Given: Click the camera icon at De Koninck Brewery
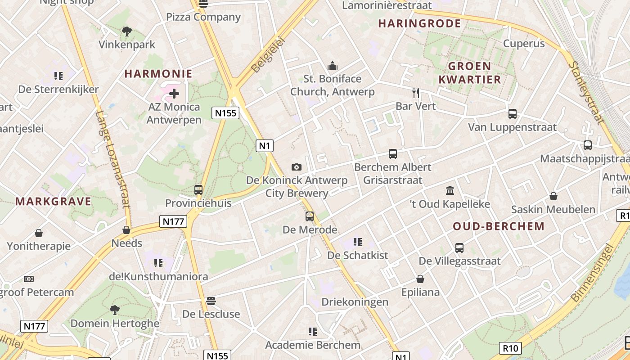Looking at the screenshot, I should [x=296, y=167].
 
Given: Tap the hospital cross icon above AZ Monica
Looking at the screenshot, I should [x=174, y=94].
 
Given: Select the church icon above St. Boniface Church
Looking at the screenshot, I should [x=333, y=66].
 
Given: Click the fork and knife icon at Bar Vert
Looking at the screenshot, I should [x=416, y=93].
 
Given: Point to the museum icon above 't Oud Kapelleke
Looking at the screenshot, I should [x=450, y=191].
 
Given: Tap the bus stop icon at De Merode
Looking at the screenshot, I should [x=310, y=216].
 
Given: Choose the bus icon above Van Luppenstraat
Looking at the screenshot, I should [x=512, y=114].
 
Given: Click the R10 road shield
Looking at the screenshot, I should [x=511, y=348].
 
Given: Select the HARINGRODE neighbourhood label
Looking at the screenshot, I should [x=419, y=24].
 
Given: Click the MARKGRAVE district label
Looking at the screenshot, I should [x=54, y=202].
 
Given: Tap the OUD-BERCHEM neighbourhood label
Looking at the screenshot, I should [x=499, y=226].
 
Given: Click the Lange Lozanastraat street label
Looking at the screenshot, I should [x=112, y=160].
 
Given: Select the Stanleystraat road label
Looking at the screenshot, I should [x=585, y=92].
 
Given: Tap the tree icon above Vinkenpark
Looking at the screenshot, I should [x=127, y=31].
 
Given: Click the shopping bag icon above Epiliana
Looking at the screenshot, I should [x=420, y=279].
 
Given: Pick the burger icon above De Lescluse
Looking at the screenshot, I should [x=211, y=301].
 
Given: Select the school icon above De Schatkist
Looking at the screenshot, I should [x=358, y=242].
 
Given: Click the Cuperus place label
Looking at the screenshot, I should [x=524, y=44].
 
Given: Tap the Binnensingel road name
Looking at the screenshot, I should [x=592, y=273].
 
